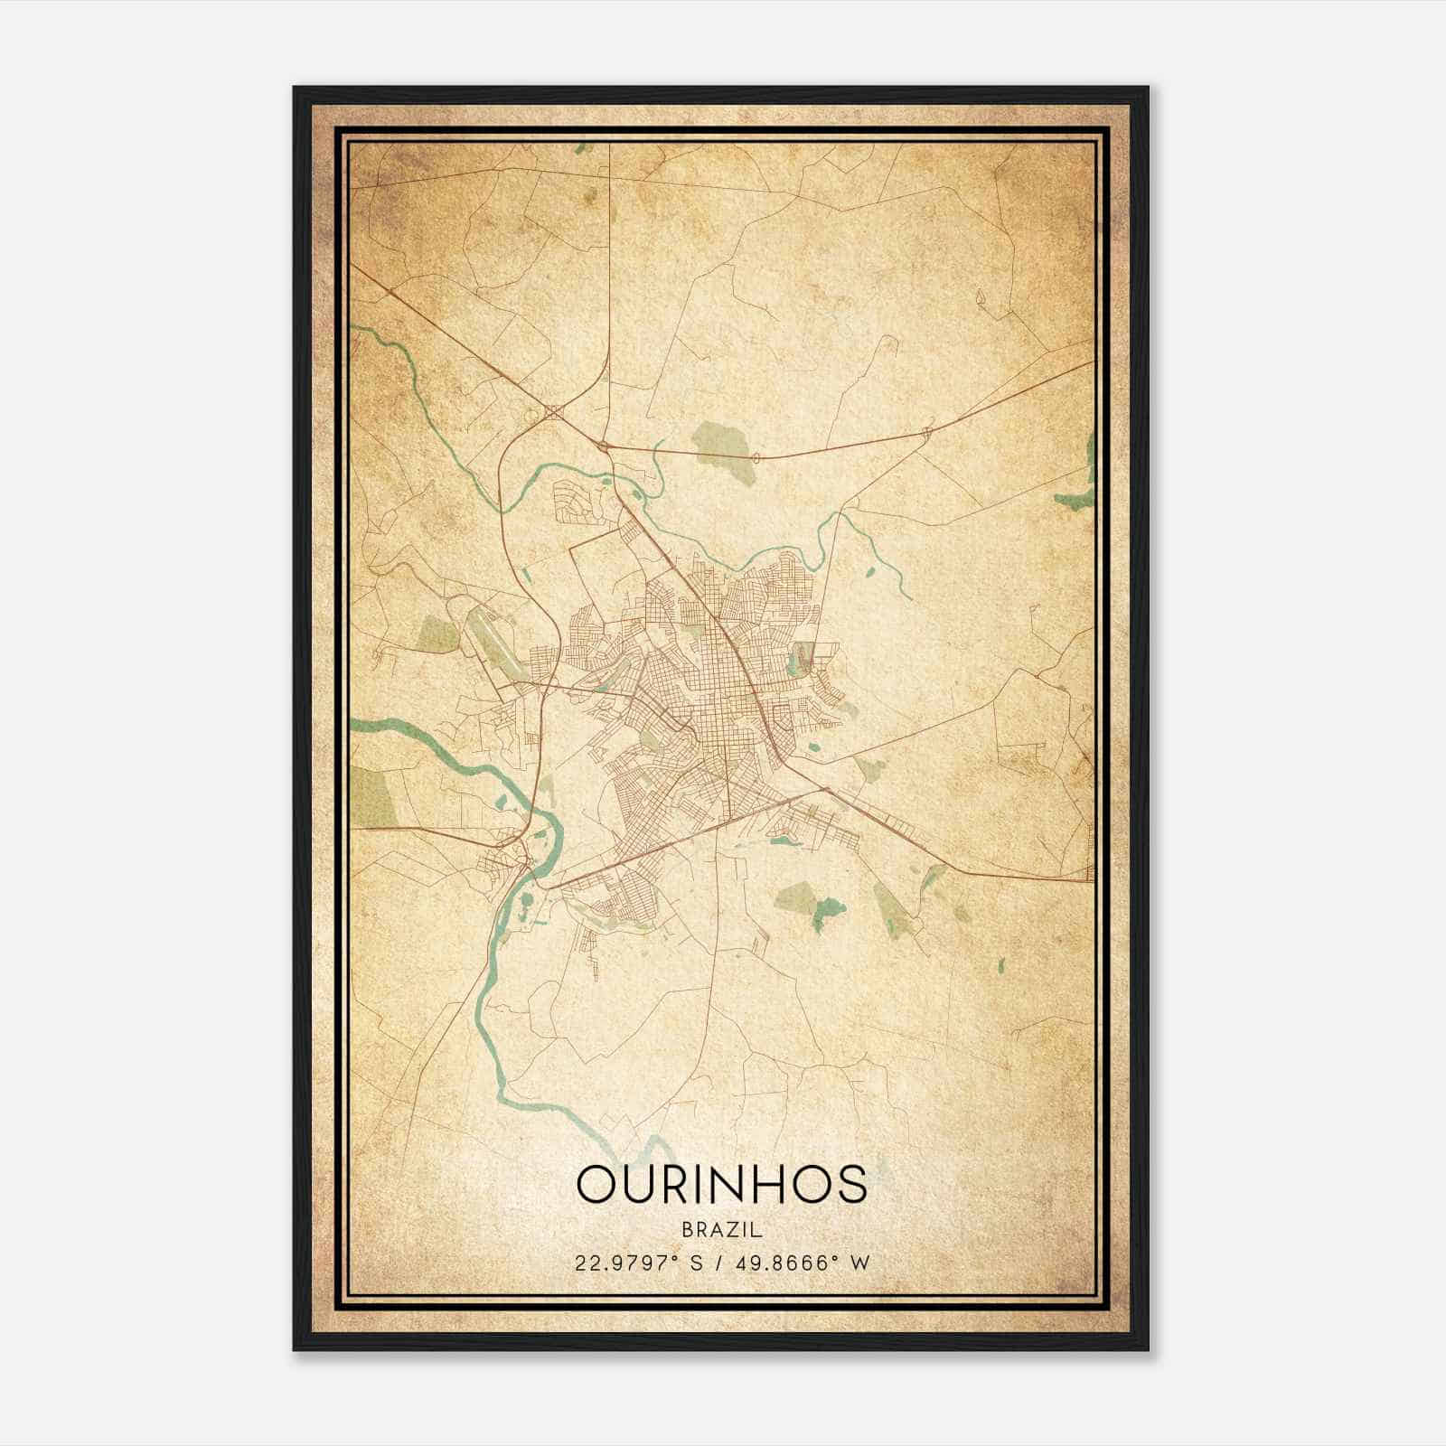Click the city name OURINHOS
pyautogui.click(x=721, y=1184)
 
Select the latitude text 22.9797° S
pyautogui.click(x=638, y=1263)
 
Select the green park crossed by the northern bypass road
pyautogui.click(x=723, y=444)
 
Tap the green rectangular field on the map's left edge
pyautogui.click(x=372, y=795)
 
